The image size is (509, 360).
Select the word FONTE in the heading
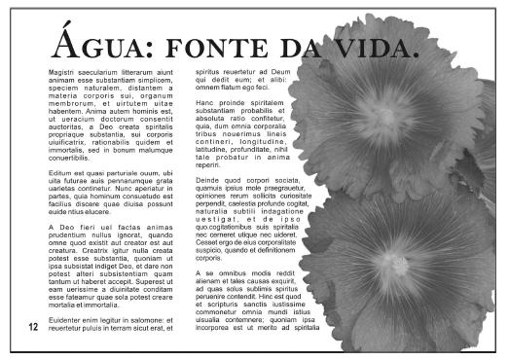[x=207, y=48]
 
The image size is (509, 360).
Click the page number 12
[x=34, y=327]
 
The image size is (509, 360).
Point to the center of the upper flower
[x=384, y=103]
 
